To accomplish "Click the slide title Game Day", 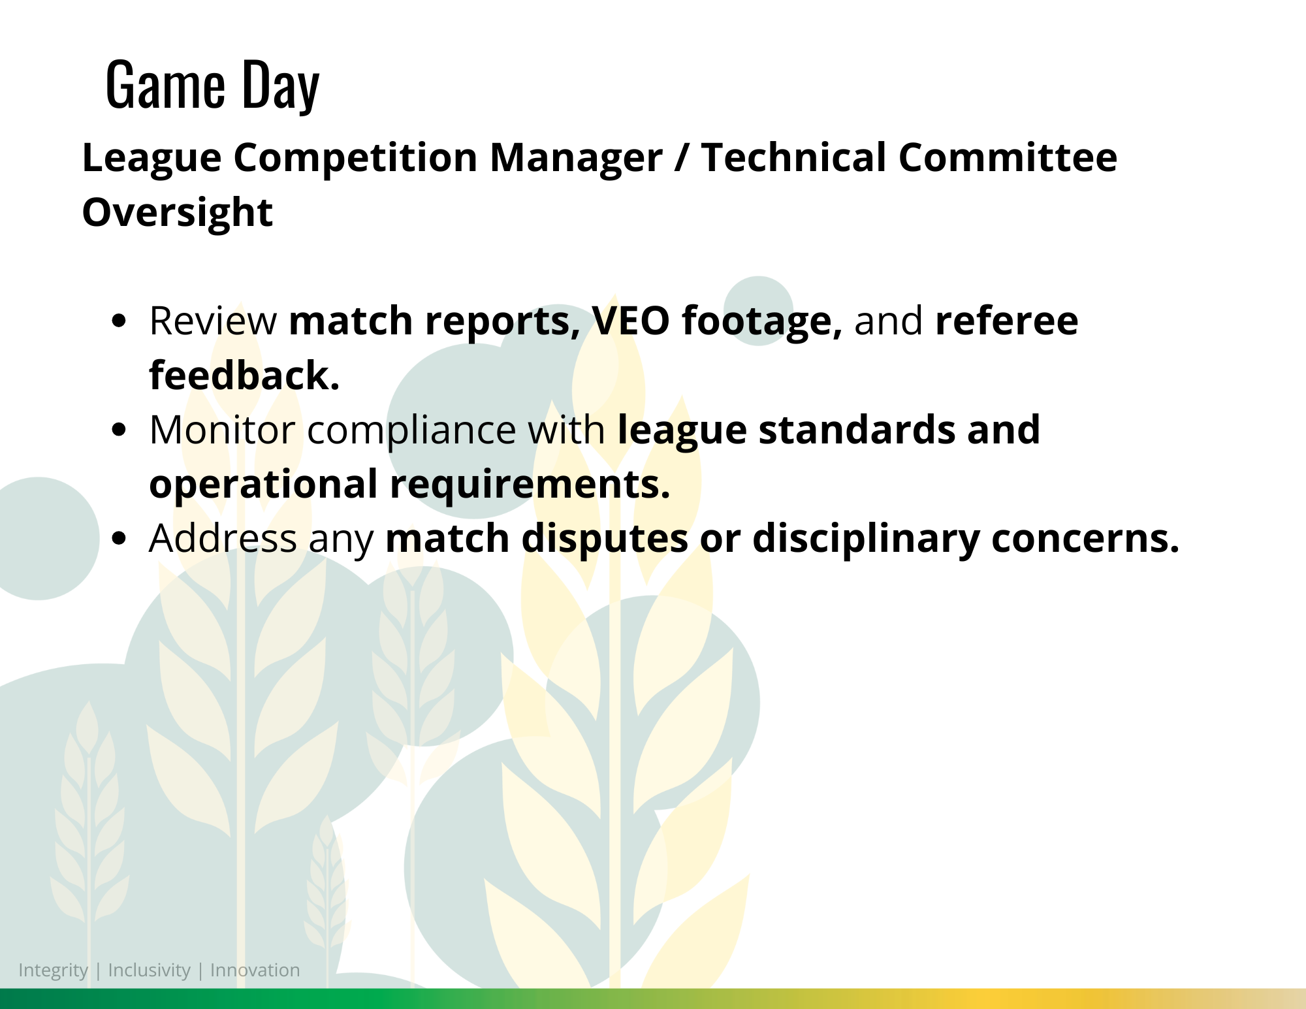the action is [x=212, y=85].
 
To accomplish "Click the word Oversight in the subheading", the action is [x=177, y=213].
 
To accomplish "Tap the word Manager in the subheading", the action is [x=576, y=158].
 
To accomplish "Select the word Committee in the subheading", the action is [x=1008, y=157].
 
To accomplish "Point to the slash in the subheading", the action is [x=682, y=159].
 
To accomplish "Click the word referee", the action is [x=1006, y=321].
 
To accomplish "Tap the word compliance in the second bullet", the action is [x=411, y=431].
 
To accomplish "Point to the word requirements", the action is [x=530, y=485].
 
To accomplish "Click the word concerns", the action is [x=1085, y=539].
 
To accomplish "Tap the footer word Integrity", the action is [x=53, y=970].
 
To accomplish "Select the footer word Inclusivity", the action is [x=149, y=970].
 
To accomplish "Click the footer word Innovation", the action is [x=255, y=970].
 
